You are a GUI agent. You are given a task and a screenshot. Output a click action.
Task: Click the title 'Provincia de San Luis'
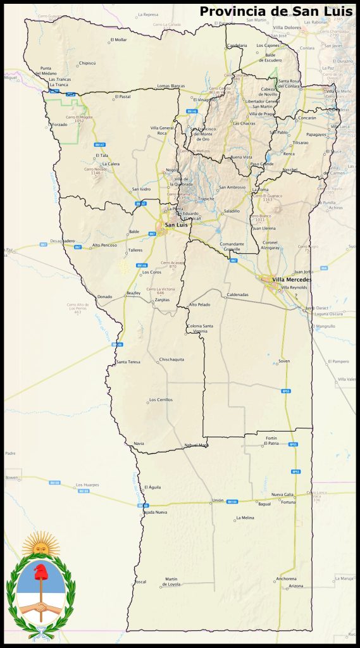[276, 11]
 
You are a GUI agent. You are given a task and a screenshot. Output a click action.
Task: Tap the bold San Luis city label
[177, 225]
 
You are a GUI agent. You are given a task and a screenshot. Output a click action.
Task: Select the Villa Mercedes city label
[292, 279]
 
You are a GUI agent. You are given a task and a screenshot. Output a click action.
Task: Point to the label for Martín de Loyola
[171, 581]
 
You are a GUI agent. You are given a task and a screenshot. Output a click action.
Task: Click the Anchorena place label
[286, 578]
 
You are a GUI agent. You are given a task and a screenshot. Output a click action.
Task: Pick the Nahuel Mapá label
[196, 445]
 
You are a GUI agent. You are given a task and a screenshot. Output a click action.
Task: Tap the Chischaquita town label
[171, 359]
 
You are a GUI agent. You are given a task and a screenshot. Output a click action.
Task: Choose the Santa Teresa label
[129, 361]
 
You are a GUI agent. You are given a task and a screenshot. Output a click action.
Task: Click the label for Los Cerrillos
[161, 400]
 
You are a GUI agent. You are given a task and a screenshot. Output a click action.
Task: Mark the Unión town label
[218, 500]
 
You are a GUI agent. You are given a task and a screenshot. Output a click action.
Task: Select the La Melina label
[245, 518]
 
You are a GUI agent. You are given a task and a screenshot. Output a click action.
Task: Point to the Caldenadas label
[237, 294]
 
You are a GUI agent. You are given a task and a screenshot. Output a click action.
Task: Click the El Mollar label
[119, 40]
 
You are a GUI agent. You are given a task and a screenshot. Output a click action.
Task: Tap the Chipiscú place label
[87, 63]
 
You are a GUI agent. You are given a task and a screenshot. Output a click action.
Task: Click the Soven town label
[283, 361]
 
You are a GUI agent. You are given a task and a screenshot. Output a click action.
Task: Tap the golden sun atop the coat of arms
[40, 543]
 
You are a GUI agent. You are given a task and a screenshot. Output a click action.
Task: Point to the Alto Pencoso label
[104, 245]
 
